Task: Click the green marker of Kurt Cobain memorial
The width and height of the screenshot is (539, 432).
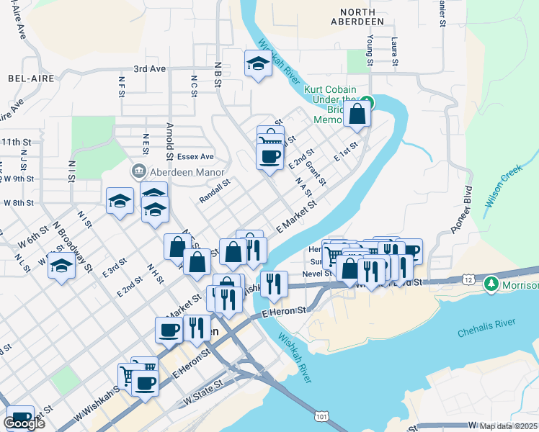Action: (x=367, y=102)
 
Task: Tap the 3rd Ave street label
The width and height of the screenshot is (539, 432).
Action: (x=149, y=69)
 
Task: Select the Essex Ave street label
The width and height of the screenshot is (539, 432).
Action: (x=197, y=156)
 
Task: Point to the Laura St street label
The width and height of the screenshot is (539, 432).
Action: (x=394, y=52)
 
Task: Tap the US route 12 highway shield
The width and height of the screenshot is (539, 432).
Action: (x=469, y=279)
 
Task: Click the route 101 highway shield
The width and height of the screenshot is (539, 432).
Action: (x=321, y=415)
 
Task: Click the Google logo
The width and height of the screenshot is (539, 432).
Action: (x=24, y=423)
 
